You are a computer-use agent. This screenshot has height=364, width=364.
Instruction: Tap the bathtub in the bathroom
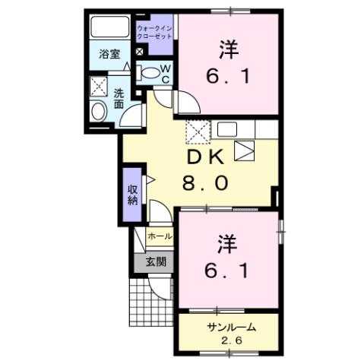coord(109,28)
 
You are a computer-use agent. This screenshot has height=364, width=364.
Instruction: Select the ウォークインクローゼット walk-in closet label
coord(155,32)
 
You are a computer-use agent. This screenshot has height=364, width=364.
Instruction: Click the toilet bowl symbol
coord(151,74)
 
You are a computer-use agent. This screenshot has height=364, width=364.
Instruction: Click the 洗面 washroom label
coord(119,100)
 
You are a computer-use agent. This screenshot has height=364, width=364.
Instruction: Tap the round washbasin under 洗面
coord(99,112)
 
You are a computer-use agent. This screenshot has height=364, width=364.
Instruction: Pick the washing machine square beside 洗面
coord(99,87)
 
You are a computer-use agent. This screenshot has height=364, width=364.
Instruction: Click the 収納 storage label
coord(132,194)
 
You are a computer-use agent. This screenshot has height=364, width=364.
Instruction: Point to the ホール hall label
coord(160,237)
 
